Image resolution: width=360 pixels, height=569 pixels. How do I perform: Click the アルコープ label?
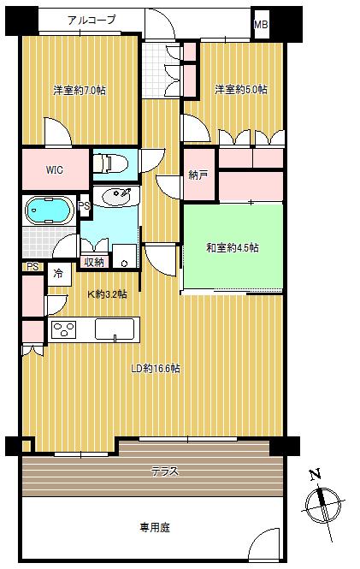coord(91,20)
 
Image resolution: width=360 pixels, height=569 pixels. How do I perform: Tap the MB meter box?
coord(261,25)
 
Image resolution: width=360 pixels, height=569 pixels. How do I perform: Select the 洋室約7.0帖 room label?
coord(80,90)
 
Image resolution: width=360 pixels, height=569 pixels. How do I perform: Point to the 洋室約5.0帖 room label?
coord(241,89)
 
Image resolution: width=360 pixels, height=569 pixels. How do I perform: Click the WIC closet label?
coord(55,169)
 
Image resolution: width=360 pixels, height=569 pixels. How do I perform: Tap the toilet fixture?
coord(110,163)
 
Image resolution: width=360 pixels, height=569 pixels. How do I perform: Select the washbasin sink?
coord(117,196)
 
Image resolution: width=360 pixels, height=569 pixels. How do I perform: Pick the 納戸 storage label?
coord(198,175)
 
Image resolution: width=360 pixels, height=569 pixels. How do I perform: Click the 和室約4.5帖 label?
coord(233,248)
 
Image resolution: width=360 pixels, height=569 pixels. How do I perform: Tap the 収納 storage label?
coord(94,262)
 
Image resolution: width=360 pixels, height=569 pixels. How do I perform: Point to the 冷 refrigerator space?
coord(58,273)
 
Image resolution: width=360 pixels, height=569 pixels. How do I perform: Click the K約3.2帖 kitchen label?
coord(107,294)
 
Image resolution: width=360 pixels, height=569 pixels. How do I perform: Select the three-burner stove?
coord(64,330)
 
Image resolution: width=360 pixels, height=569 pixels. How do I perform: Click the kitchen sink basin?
coord(115,329)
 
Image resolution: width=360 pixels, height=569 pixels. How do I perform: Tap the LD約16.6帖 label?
coord(155,369)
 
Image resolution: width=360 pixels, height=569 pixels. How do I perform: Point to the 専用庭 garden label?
coord(155,527)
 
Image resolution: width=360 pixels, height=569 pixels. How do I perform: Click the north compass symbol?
coord(322,506)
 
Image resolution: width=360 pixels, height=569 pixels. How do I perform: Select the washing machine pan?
coord(124,256)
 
